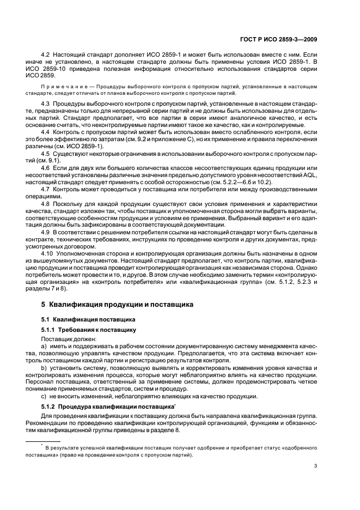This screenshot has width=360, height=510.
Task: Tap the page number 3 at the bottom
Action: point(316,466)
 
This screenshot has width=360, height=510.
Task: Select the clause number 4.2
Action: point(46,56)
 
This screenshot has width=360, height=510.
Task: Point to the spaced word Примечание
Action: point(65,87)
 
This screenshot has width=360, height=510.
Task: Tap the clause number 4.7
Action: point(46,189)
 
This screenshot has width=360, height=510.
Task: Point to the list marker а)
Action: point(44,345)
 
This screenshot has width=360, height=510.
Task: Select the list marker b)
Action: point(44,369)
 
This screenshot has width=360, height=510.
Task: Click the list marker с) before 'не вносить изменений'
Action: point(44,396)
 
